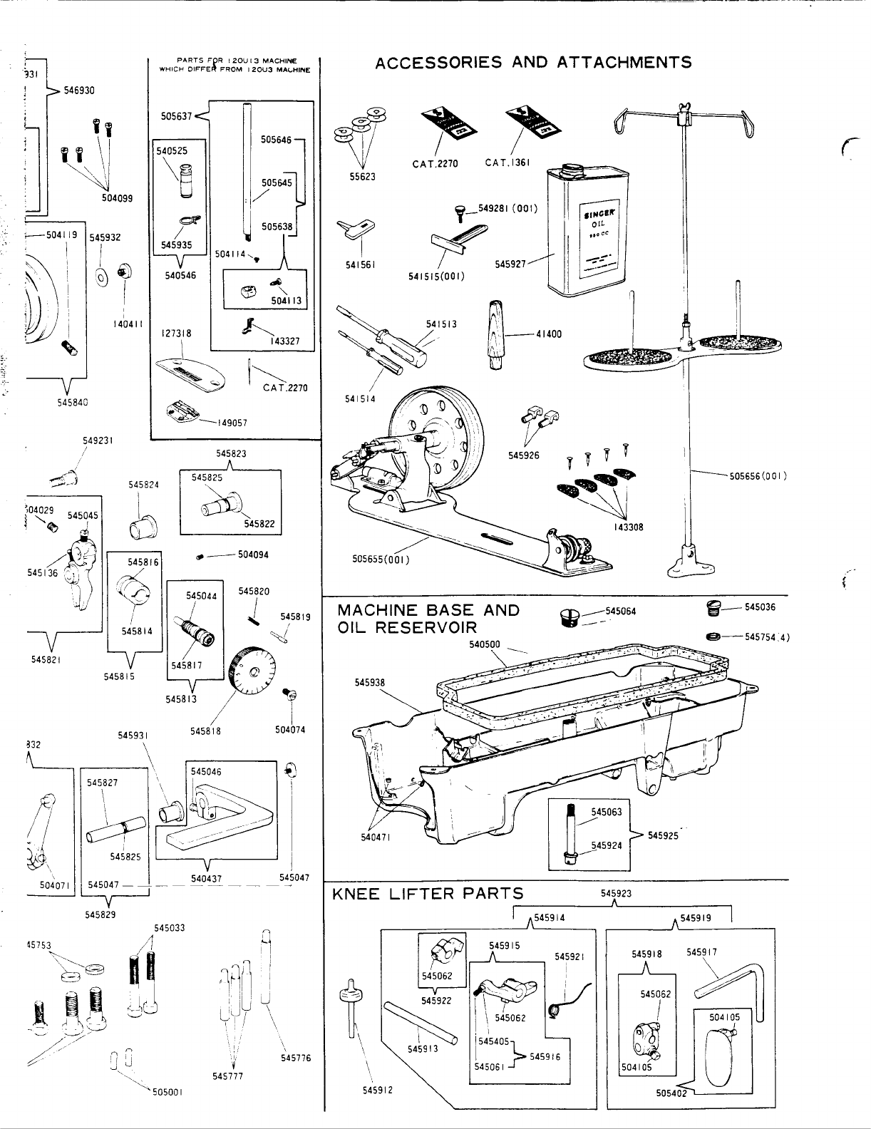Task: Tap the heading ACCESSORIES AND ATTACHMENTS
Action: pos(533,62)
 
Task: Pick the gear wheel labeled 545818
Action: pos(253,672)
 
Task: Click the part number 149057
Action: pos(232,423)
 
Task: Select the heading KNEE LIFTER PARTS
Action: pos(428,894)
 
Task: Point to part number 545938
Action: pos(369,683)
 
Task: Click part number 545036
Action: pos(760,607)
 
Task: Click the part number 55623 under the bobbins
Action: pos(362,177)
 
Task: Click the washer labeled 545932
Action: pos(102,275)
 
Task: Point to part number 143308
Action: pos(628,528)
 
